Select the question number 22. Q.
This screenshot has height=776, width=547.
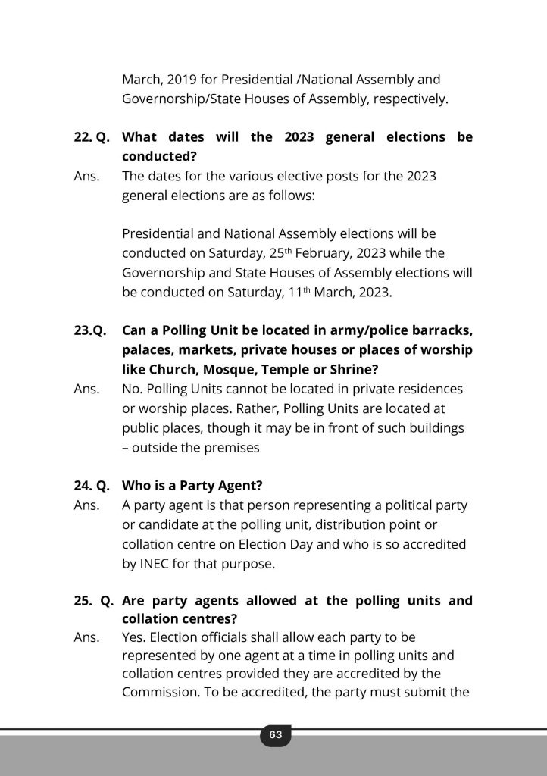[92, 137]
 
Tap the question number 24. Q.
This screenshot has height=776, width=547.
[92, 485]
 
